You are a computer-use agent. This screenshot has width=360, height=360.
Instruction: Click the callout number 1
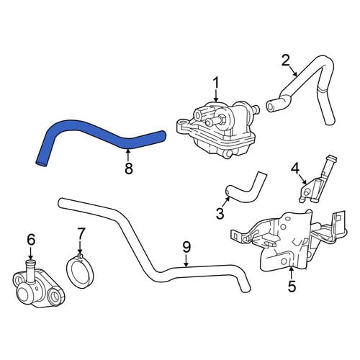[x=216, y=83]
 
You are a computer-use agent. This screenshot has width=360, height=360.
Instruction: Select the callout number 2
[x=286, y=60]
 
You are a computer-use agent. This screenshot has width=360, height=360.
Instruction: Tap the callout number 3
[x=220, y=213]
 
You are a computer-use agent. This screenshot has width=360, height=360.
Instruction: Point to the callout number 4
[x=295, y=169]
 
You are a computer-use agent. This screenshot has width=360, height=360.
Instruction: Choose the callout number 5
[x=292, y=286]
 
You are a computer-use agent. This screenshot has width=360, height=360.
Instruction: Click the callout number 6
[x=31, y=240]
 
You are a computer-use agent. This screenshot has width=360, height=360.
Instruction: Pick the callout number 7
[x=81, y=235]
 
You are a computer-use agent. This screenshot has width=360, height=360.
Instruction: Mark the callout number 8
[x=129, y=168]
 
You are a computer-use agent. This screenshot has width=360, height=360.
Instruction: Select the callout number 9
[x=186, y=247]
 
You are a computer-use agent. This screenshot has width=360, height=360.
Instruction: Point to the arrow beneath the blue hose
[x=128, y=155]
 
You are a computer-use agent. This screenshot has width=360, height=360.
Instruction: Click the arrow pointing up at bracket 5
[x=291, y=273]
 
